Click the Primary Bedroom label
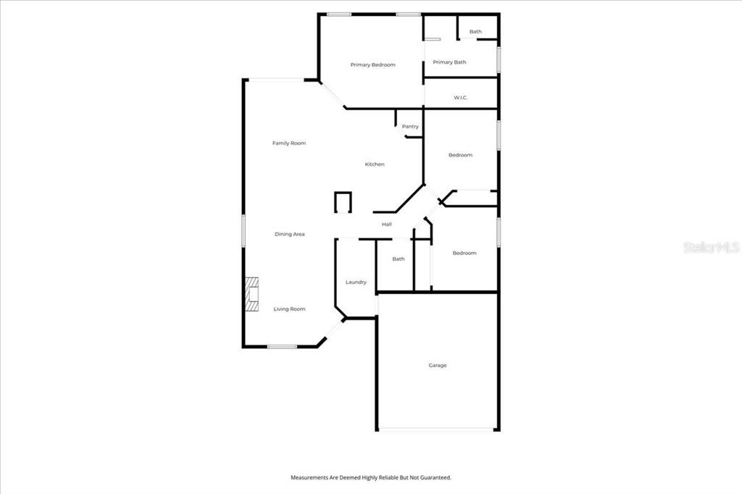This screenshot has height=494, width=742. (x=372, y=65)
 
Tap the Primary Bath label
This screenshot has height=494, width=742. (x=449, y=62)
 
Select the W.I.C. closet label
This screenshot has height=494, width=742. (x=460, y=97)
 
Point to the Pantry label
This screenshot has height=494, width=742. (x=410, y=127)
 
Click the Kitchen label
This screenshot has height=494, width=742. (x=375, y=164)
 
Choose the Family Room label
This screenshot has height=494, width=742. (x=289, y=143)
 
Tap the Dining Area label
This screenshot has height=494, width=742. (x=289, y=234)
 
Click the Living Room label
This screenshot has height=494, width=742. (x=289, y=309)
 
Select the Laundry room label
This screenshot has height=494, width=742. (x=356, y=282)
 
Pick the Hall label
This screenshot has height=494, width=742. (x=387, y=225)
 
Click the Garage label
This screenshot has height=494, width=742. (x=437, y=366)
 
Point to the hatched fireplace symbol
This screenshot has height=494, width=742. (x=251, y=294)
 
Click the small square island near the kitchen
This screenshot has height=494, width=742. (x=342, y=202)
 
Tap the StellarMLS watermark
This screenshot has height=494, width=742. (x=710, y=247)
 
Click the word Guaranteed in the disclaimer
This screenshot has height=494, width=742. (x=433, y=478)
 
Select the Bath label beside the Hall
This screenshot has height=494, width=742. (x=399, y=259)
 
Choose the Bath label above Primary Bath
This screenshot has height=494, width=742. (x=475, y=32)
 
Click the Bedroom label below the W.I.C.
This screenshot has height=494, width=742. (x=460, y=155)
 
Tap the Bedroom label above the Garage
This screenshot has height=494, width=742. (x=464, y=253)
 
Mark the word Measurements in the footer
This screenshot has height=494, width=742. (x=312, y=478)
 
